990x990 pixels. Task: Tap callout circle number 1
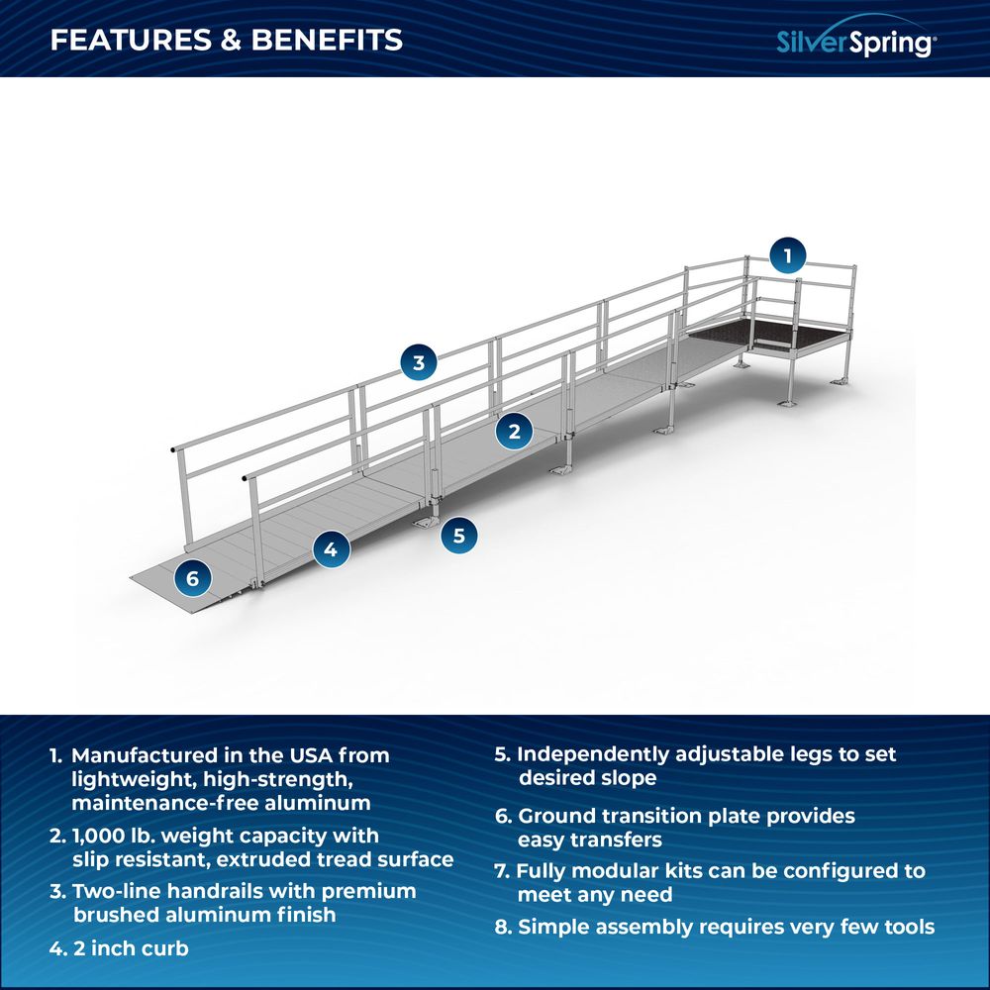pyautogui.click(x=787, y=255)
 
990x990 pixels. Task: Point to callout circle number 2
pyautogui.click(x=514, y=431)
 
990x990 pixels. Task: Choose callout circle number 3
pyautogui.click(x=419, y=362)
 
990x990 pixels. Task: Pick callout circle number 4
pyautogui.click(x=331, y=547)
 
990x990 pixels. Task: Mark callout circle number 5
pyautogui.click(x=458, y=536)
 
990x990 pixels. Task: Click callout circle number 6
pyautogui.click(x=192, y=578)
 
